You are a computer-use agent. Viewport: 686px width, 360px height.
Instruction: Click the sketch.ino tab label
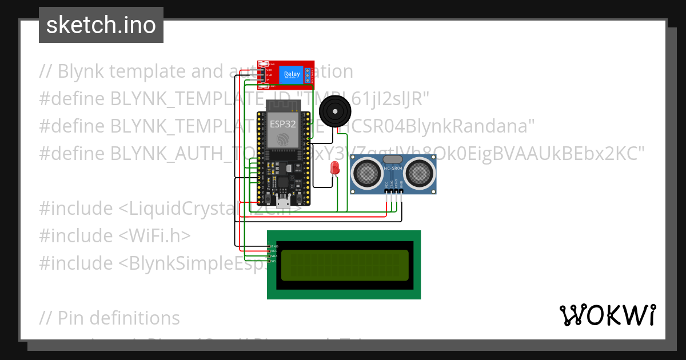(x=101, y=25)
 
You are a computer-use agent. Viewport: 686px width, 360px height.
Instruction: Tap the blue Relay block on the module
(x=292, y=74)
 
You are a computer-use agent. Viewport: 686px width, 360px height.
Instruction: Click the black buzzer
(x=333, y=111)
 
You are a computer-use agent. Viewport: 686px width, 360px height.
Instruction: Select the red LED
(x=334, y=167)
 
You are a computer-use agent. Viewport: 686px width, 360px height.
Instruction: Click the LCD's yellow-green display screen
(x=344, y=265)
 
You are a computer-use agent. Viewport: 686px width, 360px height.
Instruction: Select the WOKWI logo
(x=607, y=315)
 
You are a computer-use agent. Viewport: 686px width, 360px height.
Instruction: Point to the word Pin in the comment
(x=71, y=318)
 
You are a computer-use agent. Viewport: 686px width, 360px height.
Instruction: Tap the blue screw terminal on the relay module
(x=308, y=74)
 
